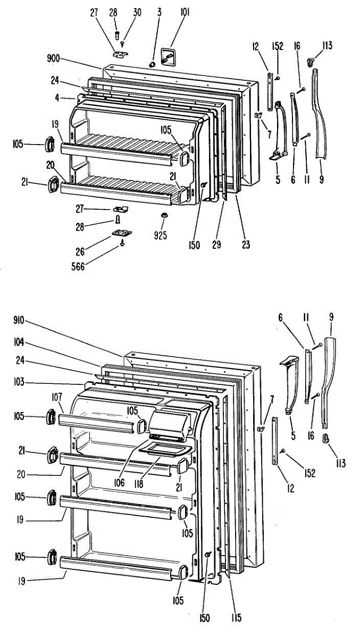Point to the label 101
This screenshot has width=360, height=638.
coord(185,12)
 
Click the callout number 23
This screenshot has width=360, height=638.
coord(245,246)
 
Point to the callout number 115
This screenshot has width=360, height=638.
coord(236,618)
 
